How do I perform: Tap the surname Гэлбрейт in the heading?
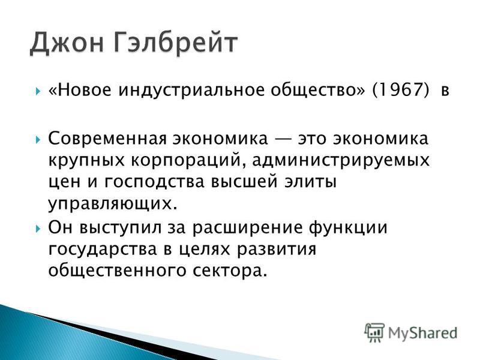176,43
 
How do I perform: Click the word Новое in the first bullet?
83,90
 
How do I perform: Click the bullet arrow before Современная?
38,140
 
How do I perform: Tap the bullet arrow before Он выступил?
38,229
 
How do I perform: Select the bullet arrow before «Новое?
38,91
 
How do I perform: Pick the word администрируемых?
341,161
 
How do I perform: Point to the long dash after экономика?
283,139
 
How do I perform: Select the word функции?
348,229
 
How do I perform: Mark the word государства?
103,250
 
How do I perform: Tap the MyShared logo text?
423,333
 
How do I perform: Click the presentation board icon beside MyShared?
374,332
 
